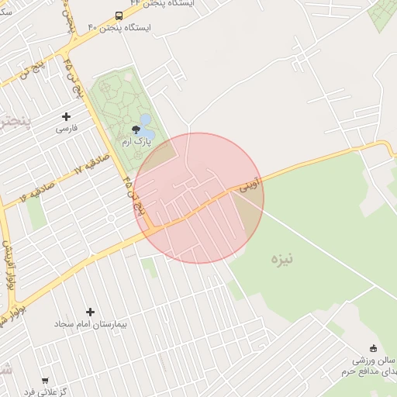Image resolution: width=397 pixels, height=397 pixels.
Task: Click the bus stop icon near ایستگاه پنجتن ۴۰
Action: (x=119, y=16)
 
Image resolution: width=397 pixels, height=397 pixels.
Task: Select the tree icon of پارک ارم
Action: (x=136, y=129)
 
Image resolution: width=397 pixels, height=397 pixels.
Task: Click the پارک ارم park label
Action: (x=136, y=142)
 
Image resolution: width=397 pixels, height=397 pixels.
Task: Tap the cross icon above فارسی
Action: (x=66, y=116)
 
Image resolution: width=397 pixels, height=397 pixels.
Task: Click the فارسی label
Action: (x=66, y=129)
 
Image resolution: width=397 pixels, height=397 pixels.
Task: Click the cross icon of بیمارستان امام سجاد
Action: (x=91, y=312)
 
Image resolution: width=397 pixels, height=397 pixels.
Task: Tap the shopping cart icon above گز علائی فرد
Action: (x=45, y=381)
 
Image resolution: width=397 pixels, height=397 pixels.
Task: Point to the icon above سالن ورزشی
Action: (x=373, y=348)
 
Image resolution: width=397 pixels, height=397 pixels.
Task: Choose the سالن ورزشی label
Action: (x=375, y=361)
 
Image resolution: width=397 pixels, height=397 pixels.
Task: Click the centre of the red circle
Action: (x=198, y=198)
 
